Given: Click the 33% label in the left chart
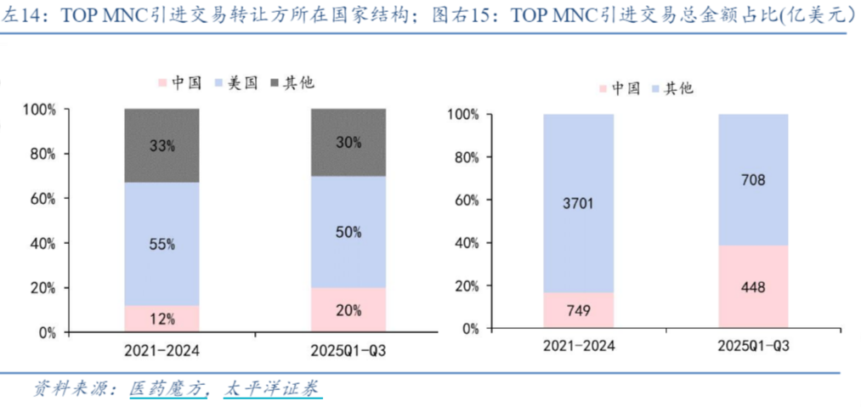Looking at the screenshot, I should coord(161,145).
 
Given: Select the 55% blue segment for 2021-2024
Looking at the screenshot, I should coord(161,244).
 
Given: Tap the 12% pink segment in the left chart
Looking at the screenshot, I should coord(161,319).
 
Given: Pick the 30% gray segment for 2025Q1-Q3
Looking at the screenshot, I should coord(348,143).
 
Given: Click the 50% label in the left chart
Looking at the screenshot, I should coord(348,232).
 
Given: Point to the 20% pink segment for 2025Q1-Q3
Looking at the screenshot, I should coord(348,310).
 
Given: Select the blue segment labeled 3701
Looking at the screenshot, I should coord(578,203).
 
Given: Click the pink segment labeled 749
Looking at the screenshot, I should coord(578,311).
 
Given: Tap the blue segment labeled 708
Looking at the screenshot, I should coord(753,179).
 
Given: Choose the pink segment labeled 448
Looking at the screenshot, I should coord(753,287).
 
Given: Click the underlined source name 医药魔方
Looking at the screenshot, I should coord(167,388).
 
